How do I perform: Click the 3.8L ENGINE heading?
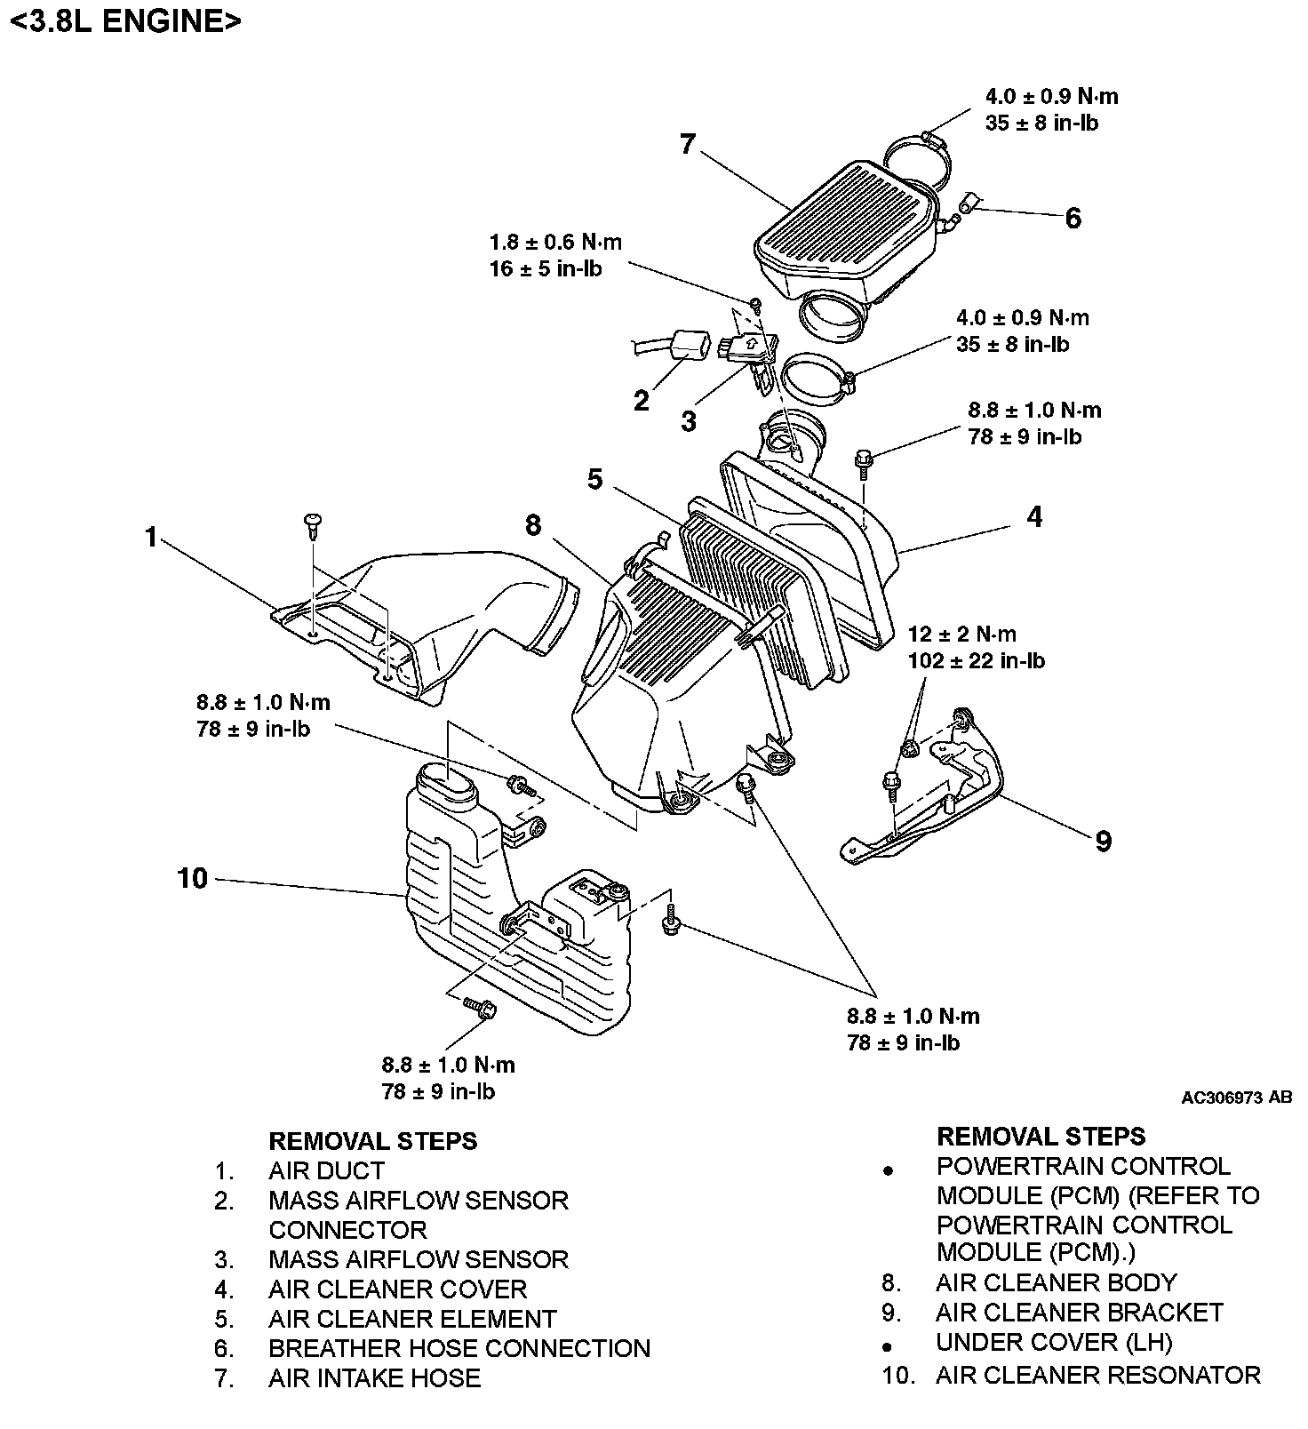coord(124,21)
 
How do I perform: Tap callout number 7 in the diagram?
coord(687,144)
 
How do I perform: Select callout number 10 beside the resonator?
coord(192,878)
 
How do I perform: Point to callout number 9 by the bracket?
coord(1103,841)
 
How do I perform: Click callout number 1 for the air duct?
coord(151,538)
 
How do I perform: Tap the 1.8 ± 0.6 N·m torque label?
coord(555,242)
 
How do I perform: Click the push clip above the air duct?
coord(313,524)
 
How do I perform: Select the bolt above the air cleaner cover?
coord(863,459)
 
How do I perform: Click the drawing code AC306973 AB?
coord(1236,1098)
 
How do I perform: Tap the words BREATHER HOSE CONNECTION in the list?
coord(459,1348)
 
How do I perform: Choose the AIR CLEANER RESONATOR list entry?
coord(1097,1376)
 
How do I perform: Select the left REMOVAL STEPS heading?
coord(372,1141)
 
